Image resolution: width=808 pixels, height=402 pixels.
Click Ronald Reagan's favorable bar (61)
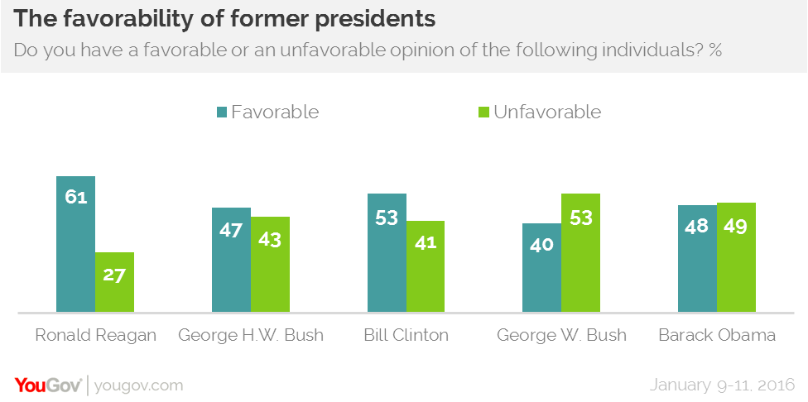pos(75,244)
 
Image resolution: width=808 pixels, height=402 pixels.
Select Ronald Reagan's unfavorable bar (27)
pos(114,282)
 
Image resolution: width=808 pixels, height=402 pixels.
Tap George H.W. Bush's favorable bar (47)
pos(230,260)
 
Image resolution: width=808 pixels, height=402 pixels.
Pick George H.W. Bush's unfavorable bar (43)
pos(270,265)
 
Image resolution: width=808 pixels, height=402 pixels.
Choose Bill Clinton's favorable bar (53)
pos(387,253)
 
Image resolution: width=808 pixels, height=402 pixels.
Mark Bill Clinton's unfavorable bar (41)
pos(426,266)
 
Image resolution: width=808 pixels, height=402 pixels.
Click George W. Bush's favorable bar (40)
pos(541,268)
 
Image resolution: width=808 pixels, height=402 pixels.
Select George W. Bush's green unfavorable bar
pos(580,253)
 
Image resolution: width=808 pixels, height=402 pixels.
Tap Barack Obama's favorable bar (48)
pos(697,258)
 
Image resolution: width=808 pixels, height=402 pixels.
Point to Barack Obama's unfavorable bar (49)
pos(736,257)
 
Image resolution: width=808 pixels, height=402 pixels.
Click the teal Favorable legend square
pos(222,112)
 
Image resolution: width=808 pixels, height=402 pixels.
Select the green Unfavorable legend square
pos(484,112)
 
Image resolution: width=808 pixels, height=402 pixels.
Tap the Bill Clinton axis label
pos(406,336)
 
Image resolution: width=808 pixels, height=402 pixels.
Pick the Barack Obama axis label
pos(716,336)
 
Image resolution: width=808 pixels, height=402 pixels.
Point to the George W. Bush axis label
pos(561,336)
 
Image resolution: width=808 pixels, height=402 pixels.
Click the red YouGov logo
pos(47,385)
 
